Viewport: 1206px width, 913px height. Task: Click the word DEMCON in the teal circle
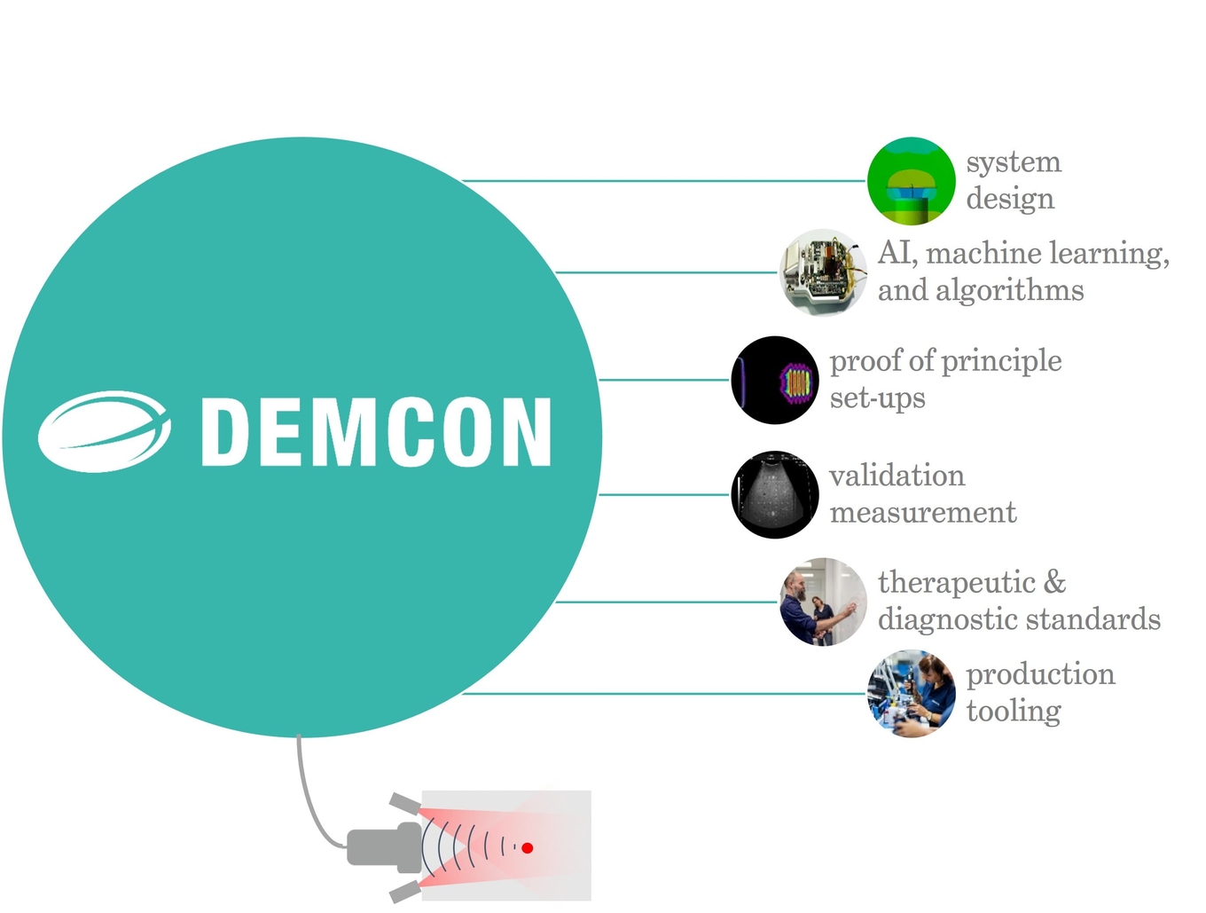point(376,432)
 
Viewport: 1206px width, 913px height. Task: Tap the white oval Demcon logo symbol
point(104,432)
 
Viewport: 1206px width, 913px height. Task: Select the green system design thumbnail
point(910,180)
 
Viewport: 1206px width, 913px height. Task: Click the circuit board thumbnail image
point(822,272)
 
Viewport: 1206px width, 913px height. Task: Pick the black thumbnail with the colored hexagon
point(775,380)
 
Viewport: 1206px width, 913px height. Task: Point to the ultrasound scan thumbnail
point(775,494)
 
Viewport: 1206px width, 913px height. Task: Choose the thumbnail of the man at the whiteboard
point(822,602)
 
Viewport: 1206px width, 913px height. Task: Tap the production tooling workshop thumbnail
point(911,694)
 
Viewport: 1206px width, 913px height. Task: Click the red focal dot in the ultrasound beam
point(527,848)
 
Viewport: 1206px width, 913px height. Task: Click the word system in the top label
point(1014,162)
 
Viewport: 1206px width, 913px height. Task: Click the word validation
point(897,476)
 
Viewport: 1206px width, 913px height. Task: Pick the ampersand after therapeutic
point(1054,583)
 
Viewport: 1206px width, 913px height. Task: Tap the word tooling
point(1014,712)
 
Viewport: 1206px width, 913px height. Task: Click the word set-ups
point(877,398)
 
